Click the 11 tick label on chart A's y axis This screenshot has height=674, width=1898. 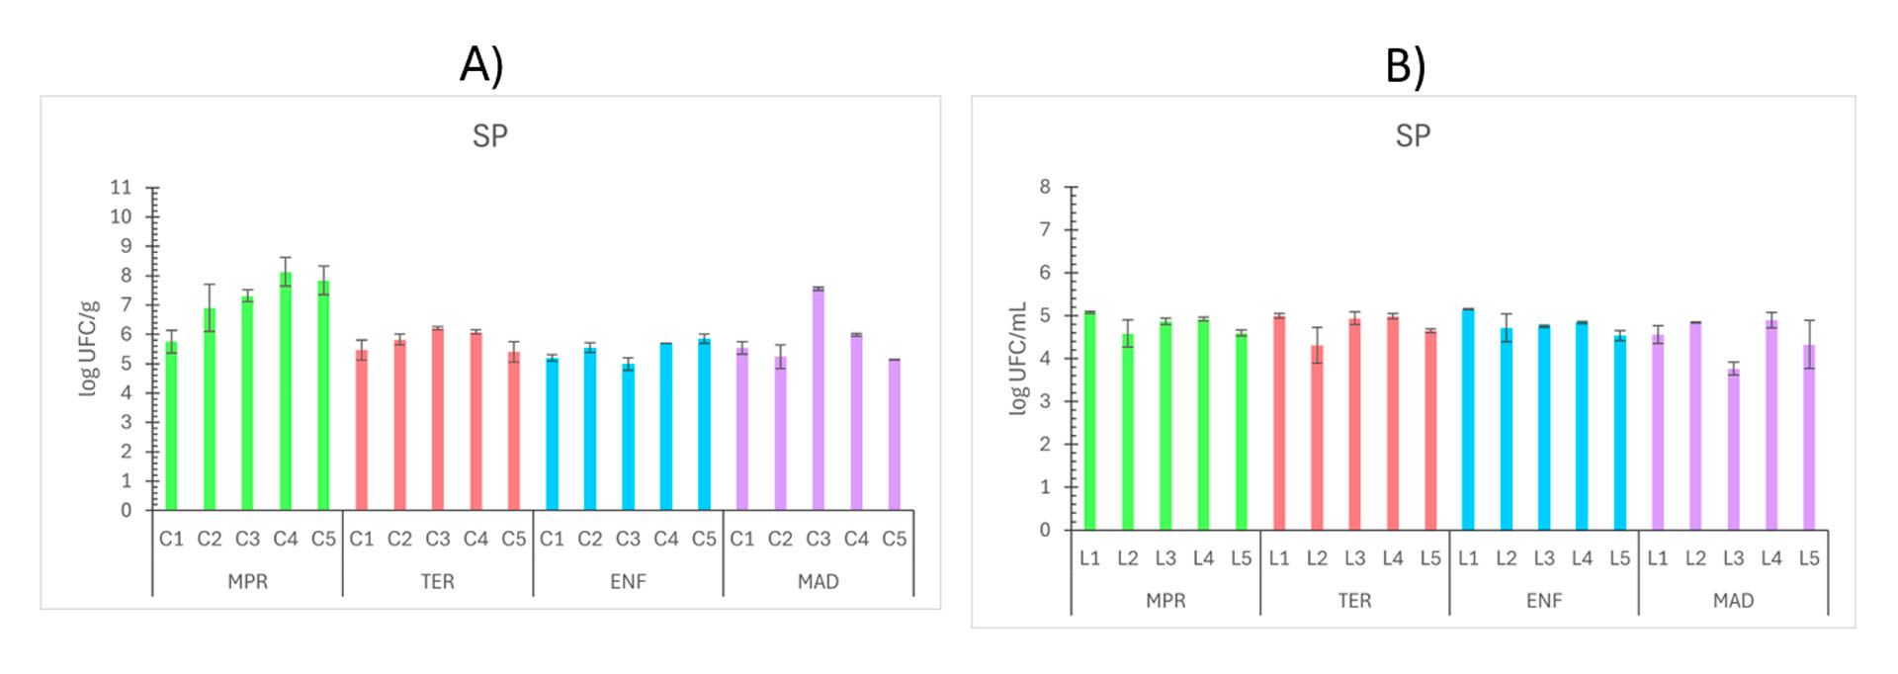point(121,187)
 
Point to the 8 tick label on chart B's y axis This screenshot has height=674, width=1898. point(1045,187)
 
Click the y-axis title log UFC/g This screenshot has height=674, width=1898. point(89,348)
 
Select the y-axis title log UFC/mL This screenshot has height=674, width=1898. point(1019,358)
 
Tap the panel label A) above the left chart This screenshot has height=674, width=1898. point(482,64)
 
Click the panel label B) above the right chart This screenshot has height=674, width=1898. point(1405,65)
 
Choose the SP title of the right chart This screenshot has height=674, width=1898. point(1413,135)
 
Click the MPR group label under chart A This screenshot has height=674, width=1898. point(247,582)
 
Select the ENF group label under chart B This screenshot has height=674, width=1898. point(1544,601)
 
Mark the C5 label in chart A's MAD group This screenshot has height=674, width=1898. point(894,539)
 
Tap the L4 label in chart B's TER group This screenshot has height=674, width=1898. point(1393,558)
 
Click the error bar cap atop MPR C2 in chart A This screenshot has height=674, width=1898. point(210,285)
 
